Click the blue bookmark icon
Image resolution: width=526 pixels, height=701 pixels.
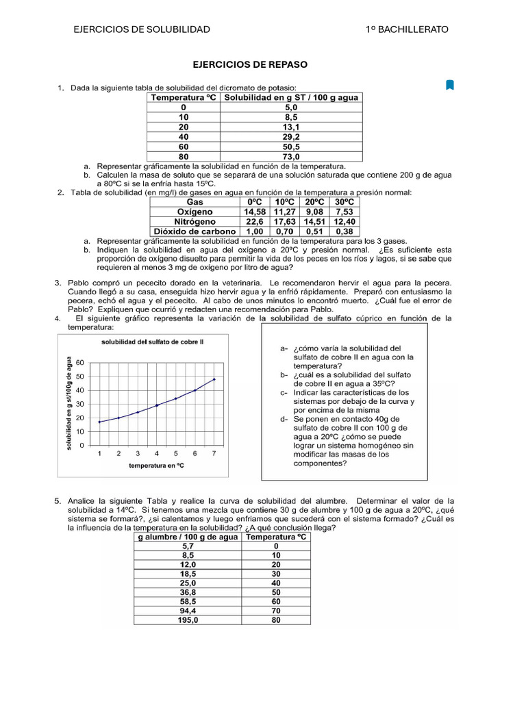[449, 85]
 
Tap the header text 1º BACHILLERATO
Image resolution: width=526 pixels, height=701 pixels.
[407, 29]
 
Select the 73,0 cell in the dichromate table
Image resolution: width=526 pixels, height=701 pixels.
[291, 156]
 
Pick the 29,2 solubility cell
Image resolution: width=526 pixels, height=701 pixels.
[291, 137]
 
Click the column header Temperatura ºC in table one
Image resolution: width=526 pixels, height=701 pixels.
[183, 98]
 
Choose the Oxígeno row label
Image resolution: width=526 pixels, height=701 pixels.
[195, 212]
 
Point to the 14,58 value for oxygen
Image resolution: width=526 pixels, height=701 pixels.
[254, 212]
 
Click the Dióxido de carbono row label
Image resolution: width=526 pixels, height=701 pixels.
[195, 231]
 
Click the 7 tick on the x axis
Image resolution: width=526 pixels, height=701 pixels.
[214, 453]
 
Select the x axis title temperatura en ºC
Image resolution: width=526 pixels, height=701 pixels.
[156, 466]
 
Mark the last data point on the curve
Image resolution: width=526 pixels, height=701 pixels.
[214, 379]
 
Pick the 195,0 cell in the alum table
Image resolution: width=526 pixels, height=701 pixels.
[188, 620]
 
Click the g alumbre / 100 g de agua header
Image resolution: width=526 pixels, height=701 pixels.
[188, 537]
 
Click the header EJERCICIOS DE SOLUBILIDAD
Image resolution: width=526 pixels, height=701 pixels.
[142, 29]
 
